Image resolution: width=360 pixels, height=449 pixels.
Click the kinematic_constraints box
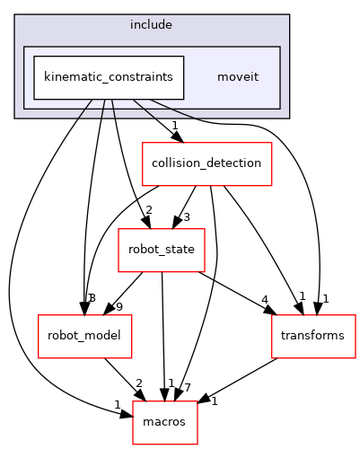click(x=109, y=77)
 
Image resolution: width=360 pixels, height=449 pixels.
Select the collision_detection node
click(x=206, y=163)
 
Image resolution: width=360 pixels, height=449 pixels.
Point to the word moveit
click(x=238, y=77)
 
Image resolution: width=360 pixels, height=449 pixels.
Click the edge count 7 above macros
click(x=188, y=387)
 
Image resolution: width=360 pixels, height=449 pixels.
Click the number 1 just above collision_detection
click(x=174, y=127)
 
